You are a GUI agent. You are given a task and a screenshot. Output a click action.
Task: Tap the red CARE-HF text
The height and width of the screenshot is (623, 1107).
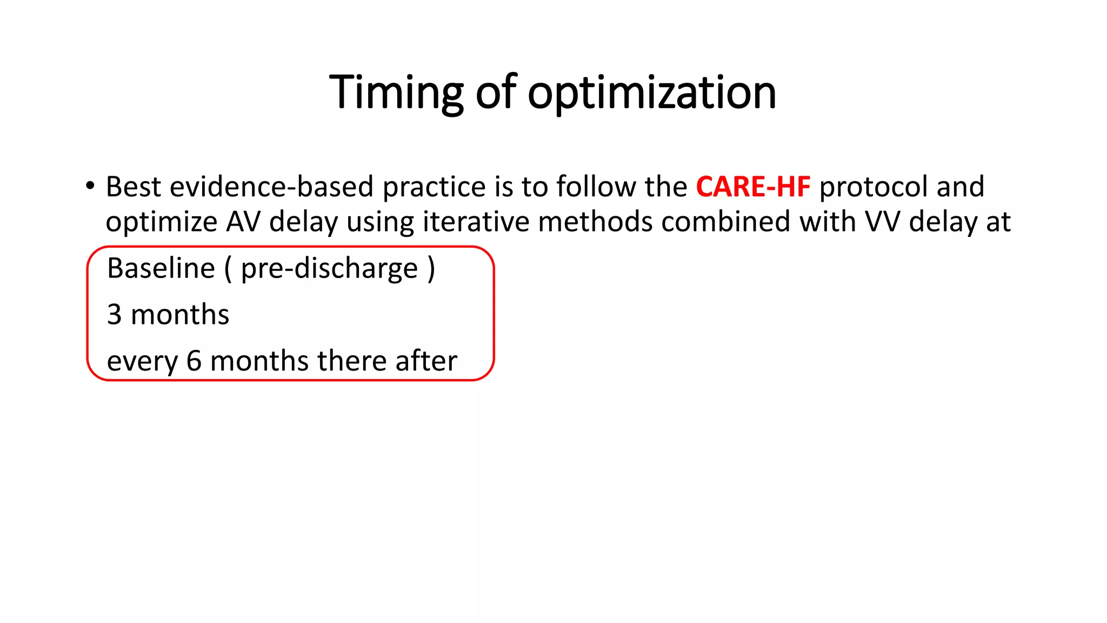tap(753, 187)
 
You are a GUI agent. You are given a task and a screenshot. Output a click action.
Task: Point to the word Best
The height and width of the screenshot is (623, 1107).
tap(134, 187)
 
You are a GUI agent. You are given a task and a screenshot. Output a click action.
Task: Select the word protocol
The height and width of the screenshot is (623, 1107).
tap(873, 187)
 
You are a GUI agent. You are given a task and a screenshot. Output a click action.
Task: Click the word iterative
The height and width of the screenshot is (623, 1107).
tap(476, 222)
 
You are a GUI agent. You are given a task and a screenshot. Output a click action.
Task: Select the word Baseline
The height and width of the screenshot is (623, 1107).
tap(161, 268)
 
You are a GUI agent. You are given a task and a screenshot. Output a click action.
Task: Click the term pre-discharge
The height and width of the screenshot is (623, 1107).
tap(329, 268)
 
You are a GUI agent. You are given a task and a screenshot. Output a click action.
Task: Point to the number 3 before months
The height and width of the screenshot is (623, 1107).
tap(114, 314)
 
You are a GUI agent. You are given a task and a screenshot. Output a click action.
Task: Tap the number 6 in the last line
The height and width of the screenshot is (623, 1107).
tap(194, 361)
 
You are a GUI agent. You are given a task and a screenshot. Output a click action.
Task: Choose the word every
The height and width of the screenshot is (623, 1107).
tap(142, 361)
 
